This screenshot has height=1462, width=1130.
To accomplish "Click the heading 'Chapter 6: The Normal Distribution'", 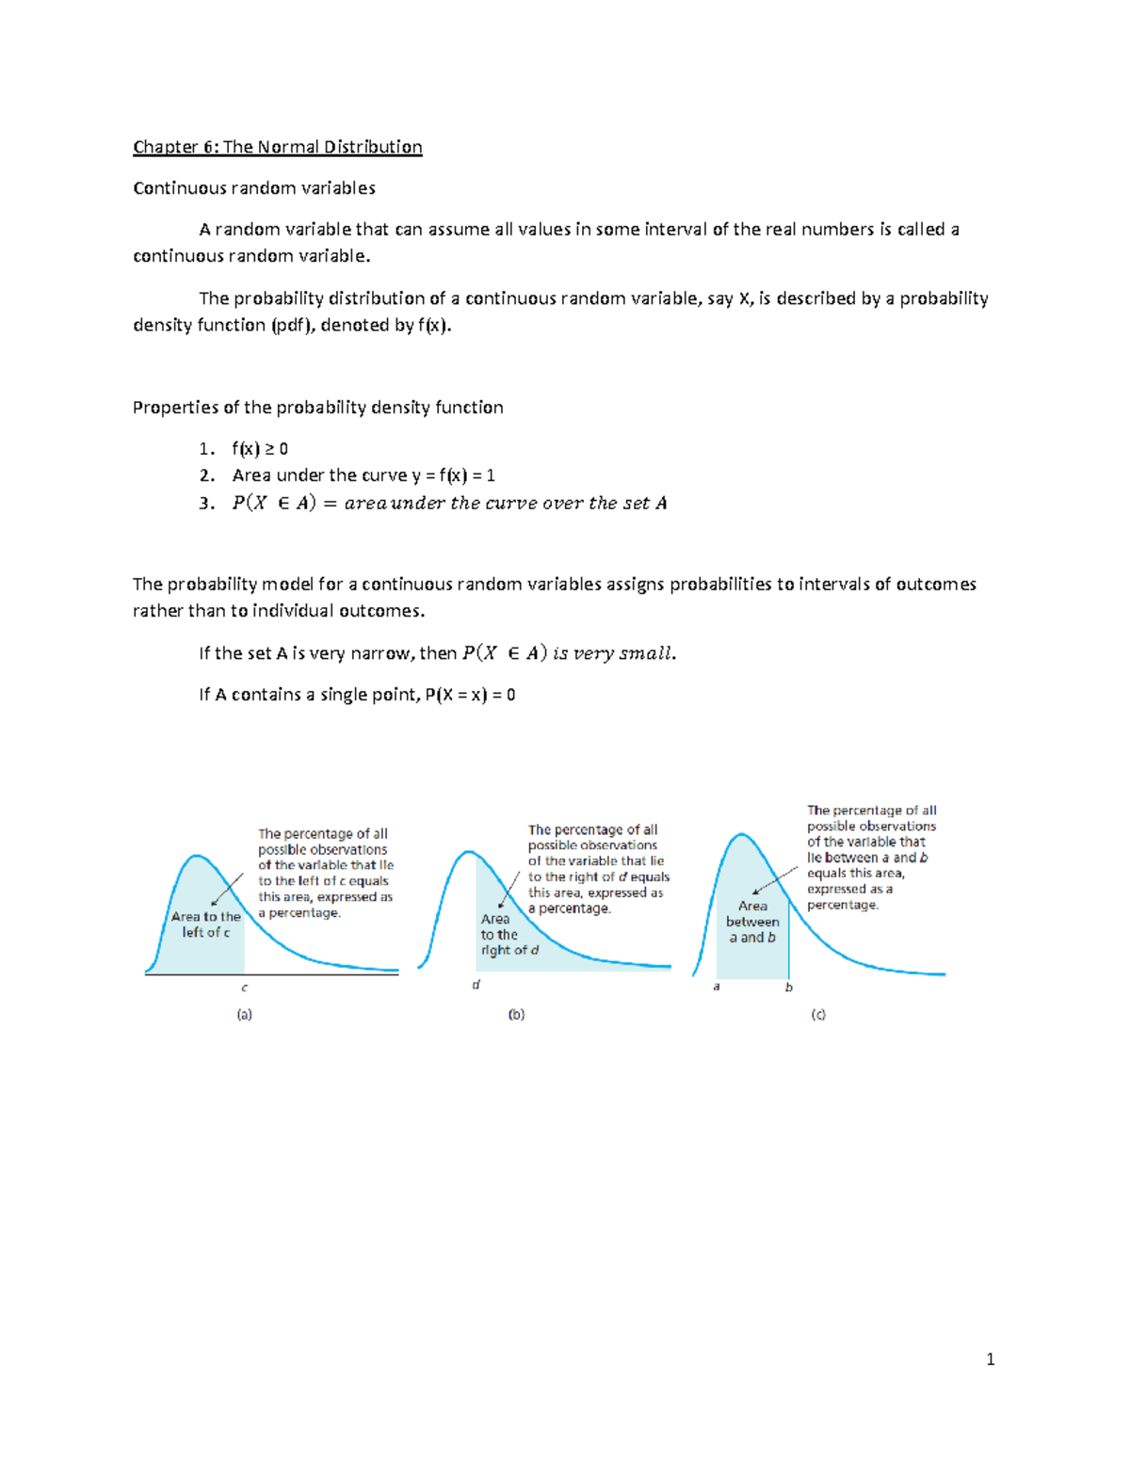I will pos(277,147).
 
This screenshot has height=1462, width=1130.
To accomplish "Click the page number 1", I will pos(990,1358).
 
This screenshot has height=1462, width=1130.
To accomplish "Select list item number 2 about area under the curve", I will pos(363,475).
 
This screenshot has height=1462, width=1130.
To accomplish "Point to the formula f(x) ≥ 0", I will pos(260,449).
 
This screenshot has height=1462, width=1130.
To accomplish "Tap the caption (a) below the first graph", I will pos(244,1015).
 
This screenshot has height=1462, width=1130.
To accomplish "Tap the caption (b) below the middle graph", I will pos(516,1015).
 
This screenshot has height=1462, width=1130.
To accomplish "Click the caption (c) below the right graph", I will pos(818,1015).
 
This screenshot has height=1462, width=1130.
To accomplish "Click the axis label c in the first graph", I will pos(245,988).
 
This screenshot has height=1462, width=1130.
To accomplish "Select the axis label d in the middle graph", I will pos(476,985).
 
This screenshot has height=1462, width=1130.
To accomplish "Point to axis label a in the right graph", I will pos(717,987).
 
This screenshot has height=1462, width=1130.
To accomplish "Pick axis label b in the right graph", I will pos(789,987).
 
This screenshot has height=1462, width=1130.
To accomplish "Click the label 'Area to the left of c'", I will pos(206,924).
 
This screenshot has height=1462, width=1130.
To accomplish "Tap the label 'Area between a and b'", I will pos(752,922).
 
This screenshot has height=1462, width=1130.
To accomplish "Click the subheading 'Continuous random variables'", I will pos(254,188).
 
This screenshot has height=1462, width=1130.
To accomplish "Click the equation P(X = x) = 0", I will pos(470,695).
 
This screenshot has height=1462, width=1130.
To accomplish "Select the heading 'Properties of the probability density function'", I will pos(318,408).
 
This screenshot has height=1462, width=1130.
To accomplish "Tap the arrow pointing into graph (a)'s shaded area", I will pos(227,891).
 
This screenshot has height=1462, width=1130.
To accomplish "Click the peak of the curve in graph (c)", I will pos(742,834).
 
